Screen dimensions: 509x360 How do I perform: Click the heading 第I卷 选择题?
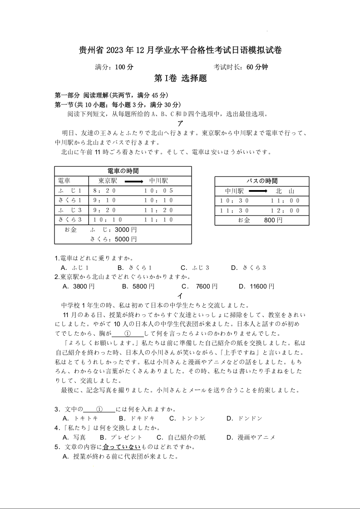pyautogui.click(x=180, y=78)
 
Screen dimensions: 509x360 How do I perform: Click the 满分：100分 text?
pyautogui.click(x=114, y=67)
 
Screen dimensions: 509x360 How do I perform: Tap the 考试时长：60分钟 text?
pyautogui.click(x=241, y=67)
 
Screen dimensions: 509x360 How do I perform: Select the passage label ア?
pyautogui.click(x=180, y=123)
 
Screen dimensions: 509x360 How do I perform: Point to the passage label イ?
pyautogui.click(x=180, y=296)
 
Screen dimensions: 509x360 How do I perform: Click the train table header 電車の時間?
pyautogui.click(x=123, y=171)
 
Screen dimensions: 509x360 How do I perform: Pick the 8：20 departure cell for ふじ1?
pyautogui.click(x=104, y=191)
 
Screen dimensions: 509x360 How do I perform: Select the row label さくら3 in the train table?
pyautogui.click(x=70, y=220)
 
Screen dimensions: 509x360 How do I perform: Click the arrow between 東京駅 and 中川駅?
pyautogui.click(x=134, y=181)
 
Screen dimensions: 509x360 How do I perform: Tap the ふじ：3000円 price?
pyautogui.click(x=113, y=230)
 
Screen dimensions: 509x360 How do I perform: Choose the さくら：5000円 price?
pyautogui.click(x=113, y=239)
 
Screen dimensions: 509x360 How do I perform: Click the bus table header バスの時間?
pyautogui.click(x=262, y=181)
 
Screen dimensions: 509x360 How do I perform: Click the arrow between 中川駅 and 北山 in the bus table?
pyautogui.click(x=258, y=191)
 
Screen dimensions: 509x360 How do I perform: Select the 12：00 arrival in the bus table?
pyautogui.click(x=285, y=210)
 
